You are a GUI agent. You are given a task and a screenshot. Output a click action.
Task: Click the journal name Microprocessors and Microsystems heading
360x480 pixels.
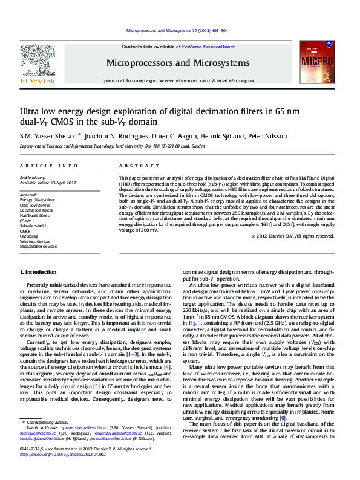(x=177, y=63)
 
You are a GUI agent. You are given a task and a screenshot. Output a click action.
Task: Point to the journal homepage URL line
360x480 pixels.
(x=178, y=80)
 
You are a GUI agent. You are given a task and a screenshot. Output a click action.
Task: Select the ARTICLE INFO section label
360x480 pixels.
(x=48, y=165)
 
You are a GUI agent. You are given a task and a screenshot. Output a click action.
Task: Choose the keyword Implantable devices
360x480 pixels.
(x=38, y=247)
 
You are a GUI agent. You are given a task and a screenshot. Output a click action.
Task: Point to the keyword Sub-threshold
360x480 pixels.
(x=33, y=226)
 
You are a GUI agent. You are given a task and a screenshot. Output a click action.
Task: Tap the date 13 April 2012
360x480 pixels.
(x=64, y=183)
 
